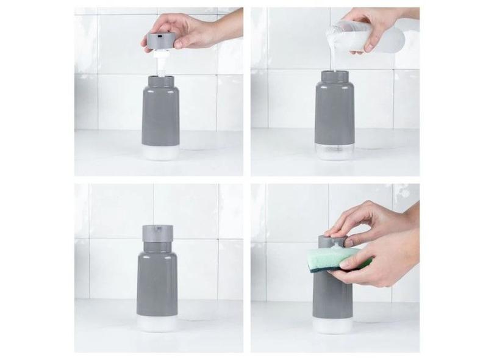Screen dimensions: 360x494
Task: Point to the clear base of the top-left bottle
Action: pyautogui.click(x=160, y=152)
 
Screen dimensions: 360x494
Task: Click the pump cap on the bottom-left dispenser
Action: pyautogui.click(x=157, y=234)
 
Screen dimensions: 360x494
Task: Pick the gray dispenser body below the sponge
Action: pyautogui.click(x=332, y=299)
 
